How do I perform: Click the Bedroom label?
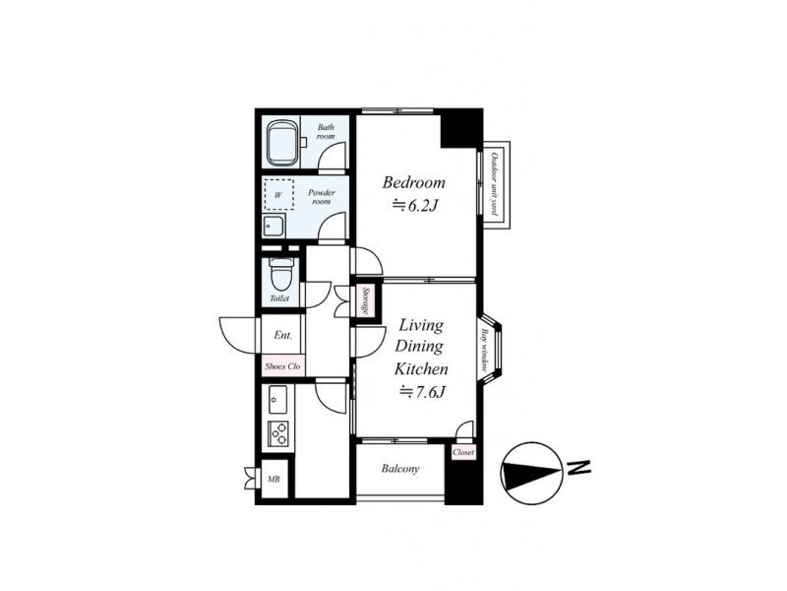pos(413,182)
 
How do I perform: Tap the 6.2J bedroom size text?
pos(415,206)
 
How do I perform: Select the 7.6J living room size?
pos(422,391)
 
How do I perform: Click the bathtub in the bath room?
pos(282,143)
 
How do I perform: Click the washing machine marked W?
pos(278,194)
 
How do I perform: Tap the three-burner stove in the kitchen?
pos(278,433)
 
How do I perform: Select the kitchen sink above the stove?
pos(277,400)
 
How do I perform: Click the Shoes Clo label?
pos(282,366)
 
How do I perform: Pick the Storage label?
pos(366,300)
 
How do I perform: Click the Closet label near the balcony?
pos(463,452)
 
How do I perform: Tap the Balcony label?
pos(400,469)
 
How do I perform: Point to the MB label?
pos(273,480)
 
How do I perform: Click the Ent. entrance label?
pos(282,335)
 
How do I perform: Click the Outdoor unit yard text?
pos(494,183)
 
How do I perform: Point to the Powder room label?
pos(322,197)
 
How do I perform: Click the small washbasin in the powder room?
pos(274,227)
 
